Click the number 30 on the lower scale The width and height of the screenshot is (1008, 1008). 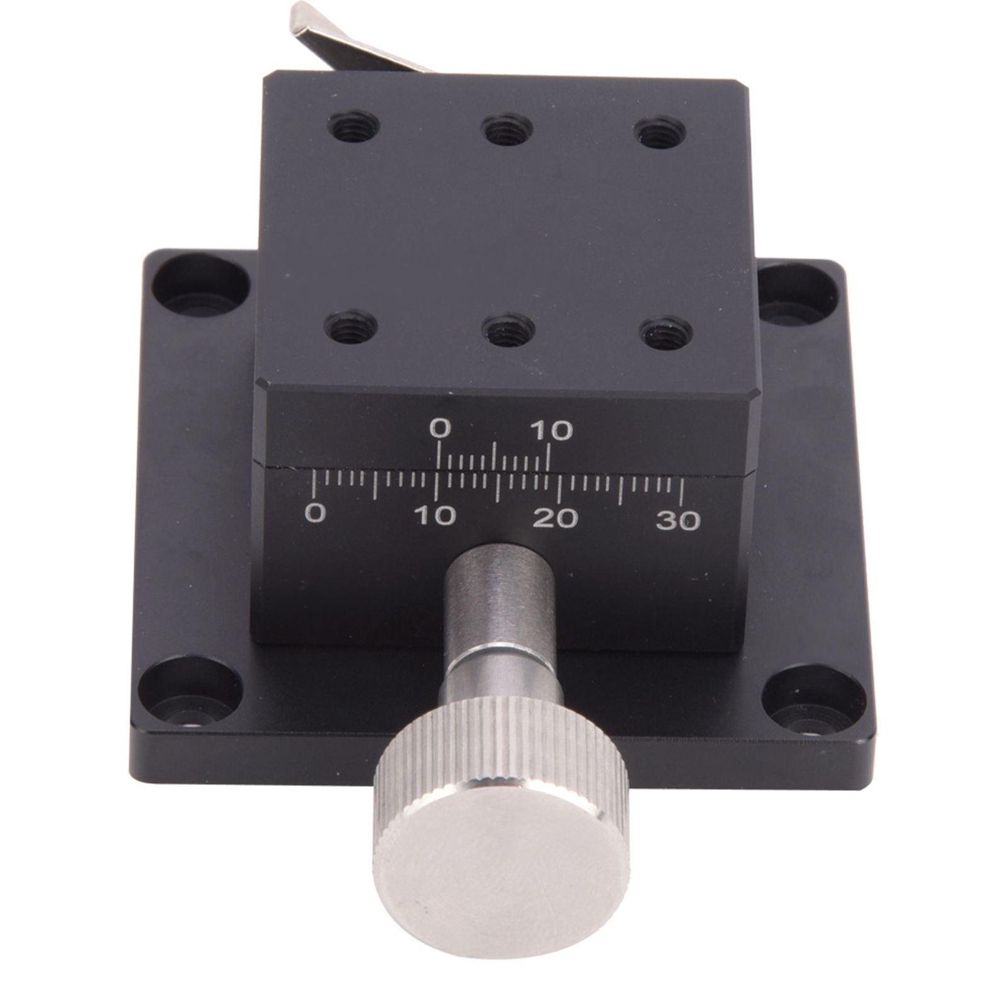677,520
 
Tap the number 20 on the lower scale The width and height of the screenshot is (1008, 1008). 555,518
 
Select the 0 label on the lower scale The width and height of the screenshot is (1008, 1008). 316,513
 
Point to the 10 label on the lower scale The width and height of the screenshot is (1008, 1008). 435,516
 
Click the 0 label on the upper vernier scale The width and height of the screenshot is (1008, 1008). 440,429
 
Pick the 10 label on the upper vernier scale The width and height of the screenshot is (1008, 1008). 551,431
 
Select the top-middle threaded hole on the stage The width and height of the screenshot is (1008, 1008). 507,130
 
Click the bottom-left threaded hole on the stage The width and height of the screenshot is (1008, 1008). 351,326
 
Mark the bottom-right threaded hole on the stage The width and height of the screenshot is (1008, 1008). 666,333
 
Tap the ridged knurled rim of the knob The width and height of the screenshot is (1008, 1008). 501,747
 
